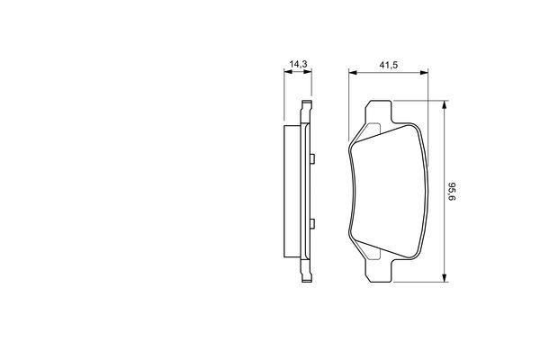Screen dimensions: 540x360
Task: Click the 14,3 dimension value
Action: pyautogui.click(x=298, y=64)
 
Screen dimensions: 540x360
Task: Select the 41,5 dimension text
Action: pyautogui.click(x=389, y=65)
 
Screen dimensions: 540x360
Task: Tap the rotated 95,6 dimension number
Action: pyautogui.click(x=452, y=192)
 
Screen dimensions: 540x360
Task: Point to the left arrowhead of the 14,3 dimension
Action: pyautogui.click(x=288, y=72)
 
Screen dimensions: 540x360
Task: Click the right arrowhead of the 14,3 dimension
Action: pyautogui.click(x=308, y=72)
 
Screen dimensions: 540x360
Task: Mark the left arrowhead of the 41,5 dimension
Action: pyautogui.click(x=353, y=72)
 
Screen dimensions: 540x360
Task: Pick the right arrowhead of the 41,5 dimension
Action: pyautogui.click(x=424, y=72)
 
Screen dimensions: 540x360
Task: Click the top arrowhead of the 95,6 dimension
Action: pyautogui.click(x=445, y=104)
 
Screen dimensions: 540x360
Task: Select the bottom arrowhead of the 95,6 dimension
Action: pyautogui.click(x=445, y=278)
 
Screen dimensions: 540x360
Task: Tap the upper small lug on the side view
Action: pyautogui.click(x=312, y=158)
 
